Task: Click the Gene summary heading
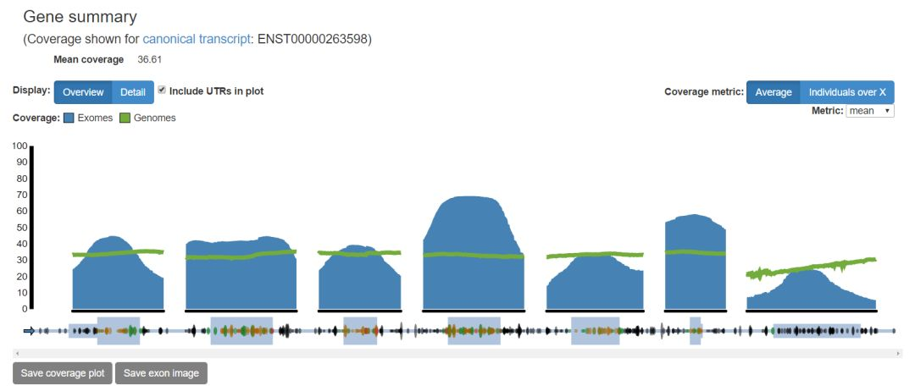[80, 17]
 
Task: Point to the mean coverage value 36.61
[149, 59]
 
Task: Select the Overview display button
[83, 92]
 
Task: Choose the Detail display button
[133, 92]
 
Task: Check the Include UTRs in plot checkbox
[162, 91]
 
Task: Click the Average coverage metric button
[774, 92]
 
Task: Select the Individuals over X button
[847, 92]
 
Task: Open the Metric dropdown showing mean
[869, 111]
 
